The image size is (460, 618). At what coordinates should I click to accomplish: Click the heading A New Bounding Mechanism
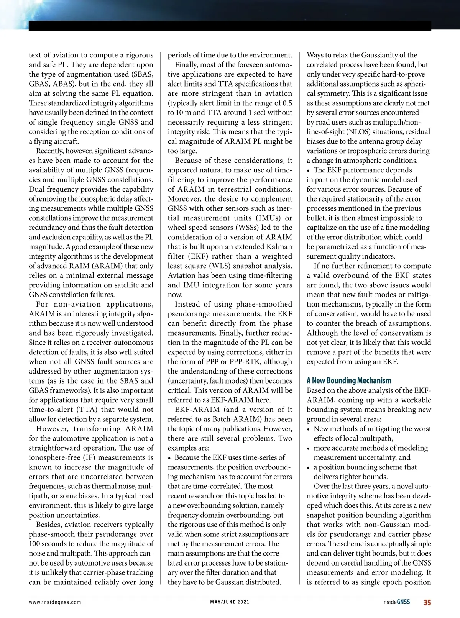(349, 380)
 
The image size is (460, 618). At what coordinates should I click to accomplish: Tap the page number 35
(427, 602)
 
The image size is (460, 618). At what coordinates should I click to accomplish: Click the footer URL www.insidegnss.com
(55, 602)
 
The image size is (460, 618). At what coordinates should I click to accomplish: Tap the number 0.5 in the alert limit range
(287, 103)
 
